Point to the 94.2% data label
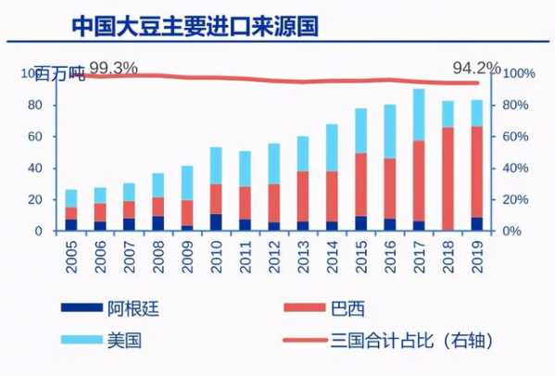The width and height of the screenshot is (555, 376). pyautogui.click(x=475, y=68)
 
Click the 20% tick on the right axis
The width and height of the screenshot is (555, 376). pyautogui.click(x=515, y=199)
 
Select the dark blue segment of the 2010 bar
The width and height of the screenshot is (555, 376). pyautogui.click(x=216, y=222)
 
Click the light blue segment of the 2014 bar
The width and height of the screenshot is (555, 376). pyautogui.click(x=332, y=147)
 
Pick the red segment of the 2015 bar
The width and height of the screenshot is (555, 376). pyautogui.click(x=360, y=184)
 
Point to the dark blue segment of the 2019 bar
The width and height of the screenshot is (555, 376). pyautogui.click(x=476, y=223)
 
